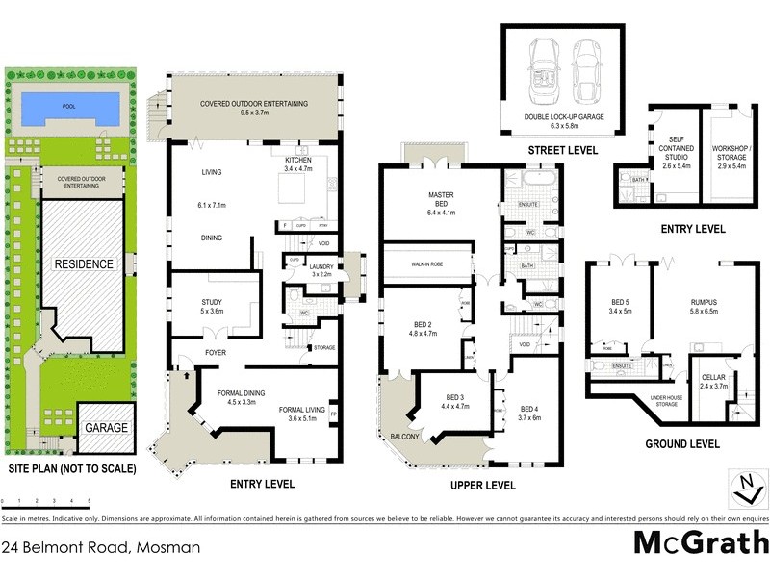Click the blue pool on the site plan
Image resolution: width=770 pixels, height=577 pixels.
pyautogui.click(x=67, y=106)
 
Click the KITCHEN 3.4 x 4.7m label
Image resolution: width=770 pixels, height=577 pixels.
pyautogui.click(x=306, y=163)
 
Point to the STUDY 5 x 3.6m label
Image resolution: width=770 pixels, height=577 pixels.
pyautogui.click(x=211, y=307)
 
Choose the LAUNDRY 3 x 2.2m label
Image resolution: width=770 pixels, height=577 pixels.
pyautogui.click(x=321, y=271)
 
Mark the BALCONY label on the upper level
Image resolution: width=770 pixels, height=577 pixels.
pyautogui.click(x=404, y=438)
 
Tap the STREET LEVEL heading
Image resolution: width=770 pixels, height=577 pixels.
pyautogui.click(x=563, y=151)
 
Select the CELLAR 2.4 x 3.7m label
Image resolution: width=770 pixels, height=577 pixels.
pyautogui.click(x=715, y=382)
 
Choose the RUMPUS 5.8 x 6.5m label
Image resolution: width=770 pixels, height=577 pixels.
pyautogui.click(x=704, y=306)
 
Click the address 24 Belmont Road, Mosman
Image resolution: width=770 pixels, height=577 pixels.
pyautogui.click(x=102, y=548)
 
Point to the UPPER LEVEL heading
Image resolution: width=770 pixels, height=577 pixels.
pyautogui.click(x=482, y=486)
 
